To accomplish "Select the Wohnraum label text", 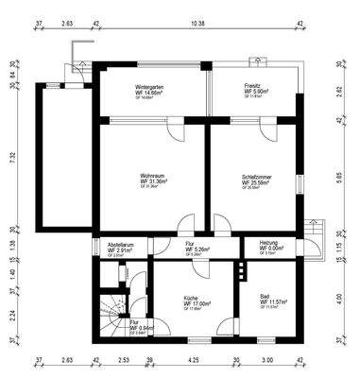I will coord(153,175).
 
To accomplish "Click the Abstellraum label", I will coord(120,245).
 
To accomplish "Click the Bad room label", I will coord(265,297).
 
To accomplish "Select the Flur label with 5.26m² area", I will coord(190,245).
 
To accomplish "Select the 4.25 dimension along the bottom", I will coord(193,360).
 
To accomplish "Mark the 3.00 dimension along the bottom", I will coord(267,360).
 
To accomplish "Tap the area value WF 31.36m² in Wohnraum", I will coord(154,182).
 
